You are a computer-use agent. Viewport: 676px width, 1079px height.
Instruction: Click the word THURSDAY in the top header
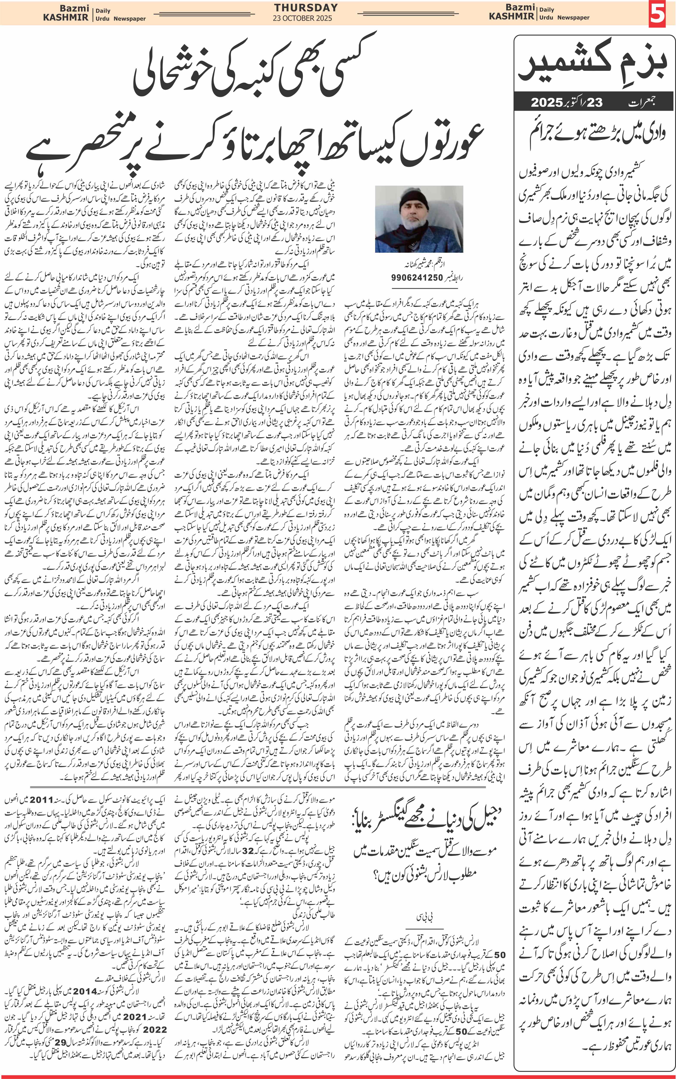(306, 8)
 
